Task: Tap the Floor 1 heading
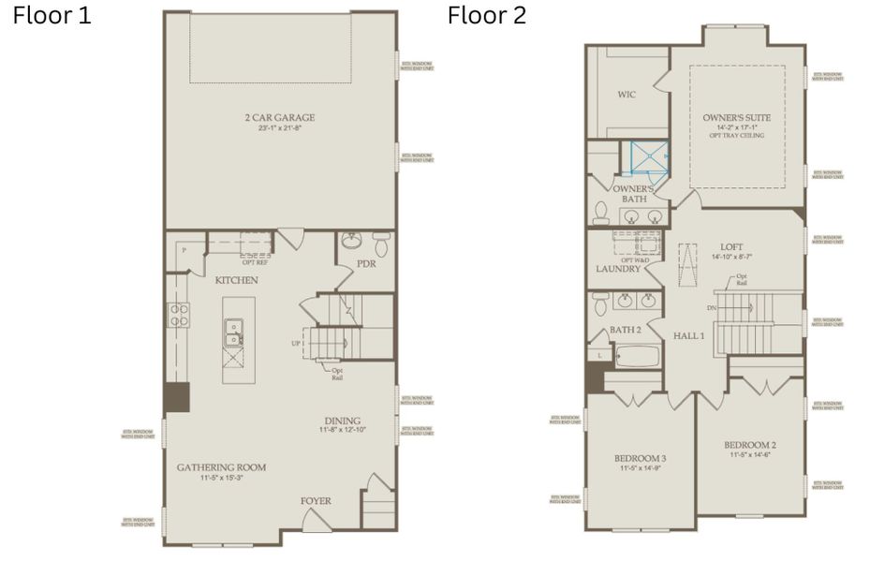pyautogui.click(x=52, y=16)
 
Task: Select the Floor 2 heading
pyautogui.click(x=487, y=16)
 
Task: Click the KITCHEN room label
pyautogui.click(x=237, y=280)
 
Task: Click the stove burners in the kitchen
pyautogui.click(x=178, y=314)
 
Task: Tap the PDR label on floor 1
pyautogui.click(x=367, y=264)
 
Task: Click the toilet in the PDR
pyautogui.click(x=380, y=244)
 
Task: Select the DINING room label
pyautogui.click(x=342, y=421)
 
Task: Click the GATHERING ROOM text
pyautogui.click(x=221, y=466)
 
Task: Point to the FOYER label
pyautogui.click(x=316, y=501)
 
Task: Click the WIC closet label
pyautogui.click(x=627, y=95)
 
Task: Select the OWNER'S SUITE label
pyautogui.click(x=737, y=118)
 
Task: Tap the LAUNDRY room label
pyautogui.click(x=618, y=269)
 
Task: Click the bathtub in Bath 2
pyautogui.click(x=640, y=357)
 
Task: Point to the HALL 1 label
pyautogui.click(x=688, y=334)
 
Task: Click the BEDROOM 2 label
pyautogui.click(x=750, y=445)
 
